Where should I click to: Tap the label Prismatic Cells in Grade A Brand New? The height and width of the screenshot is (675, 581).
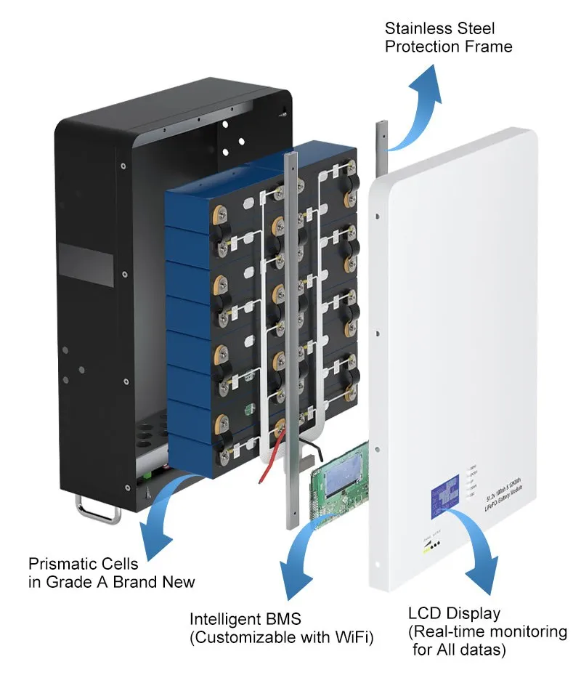110,573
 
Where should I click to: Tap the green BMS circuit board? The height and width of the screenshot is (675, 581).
338,494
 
